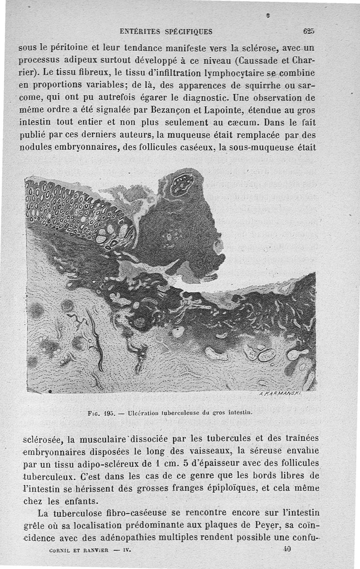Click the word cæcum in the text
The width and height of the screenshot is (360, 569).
pos(243,122)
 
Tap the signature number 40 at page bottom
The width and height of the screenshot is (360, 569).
pos(288,548)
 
